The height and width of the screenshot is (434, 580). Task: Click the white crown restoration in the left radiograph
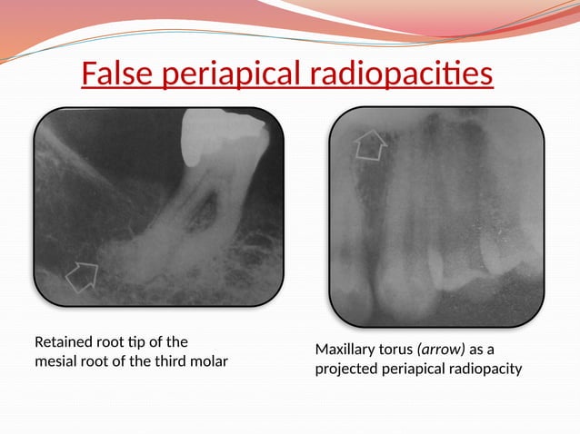coord(215,135)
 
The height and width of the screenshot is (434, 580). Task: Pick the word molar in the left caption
coord(207,362)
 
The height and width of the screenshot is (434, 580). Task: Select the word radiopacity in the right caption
coord(488,370)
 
